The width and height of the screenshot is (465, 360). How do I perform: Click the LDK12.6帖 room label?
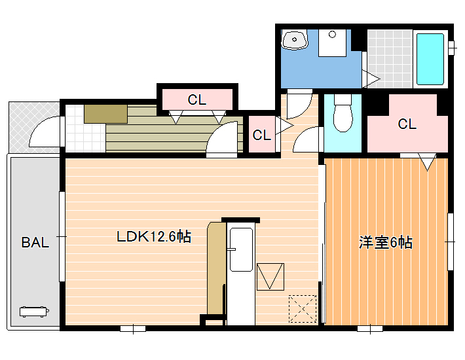(x=154, y=236)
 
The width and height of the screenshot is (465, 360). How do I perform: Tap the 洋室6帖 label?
(x=386, y=242)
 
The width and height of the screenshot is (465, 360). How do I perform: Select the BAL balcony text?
(x=35, y=242)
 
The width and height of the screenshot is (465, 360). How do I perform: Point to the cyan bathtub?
(x=430, y=60)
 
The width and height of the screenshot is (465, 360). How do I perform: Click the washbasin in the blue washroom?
(x=295, y=40)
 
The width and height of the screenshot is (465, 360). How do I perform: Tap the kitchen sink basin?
(x=242, y=249)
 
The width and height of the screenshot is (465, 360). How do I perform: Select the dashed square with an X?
(x=303, y=309)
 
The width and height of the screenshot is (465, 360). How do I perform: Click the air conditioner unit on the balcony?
(x=34, y=312)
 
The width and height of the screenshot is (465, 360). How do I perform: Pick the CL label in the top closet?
(x=197, y=100)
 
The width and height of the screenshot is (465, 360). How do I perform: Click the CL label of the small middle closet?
(x=261, y=135)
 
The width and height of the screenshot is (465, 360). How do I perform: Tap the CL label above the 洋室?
(x=407, y=124)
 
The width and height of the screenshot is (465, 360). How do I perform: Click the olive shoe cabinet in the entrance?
(x=105, y=114)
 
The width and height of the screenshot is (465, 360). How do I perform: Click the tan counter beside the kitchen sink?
(x=216, y=268)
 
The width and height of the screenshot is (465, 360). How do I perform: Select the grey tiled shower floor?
(x=390, y=59)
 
